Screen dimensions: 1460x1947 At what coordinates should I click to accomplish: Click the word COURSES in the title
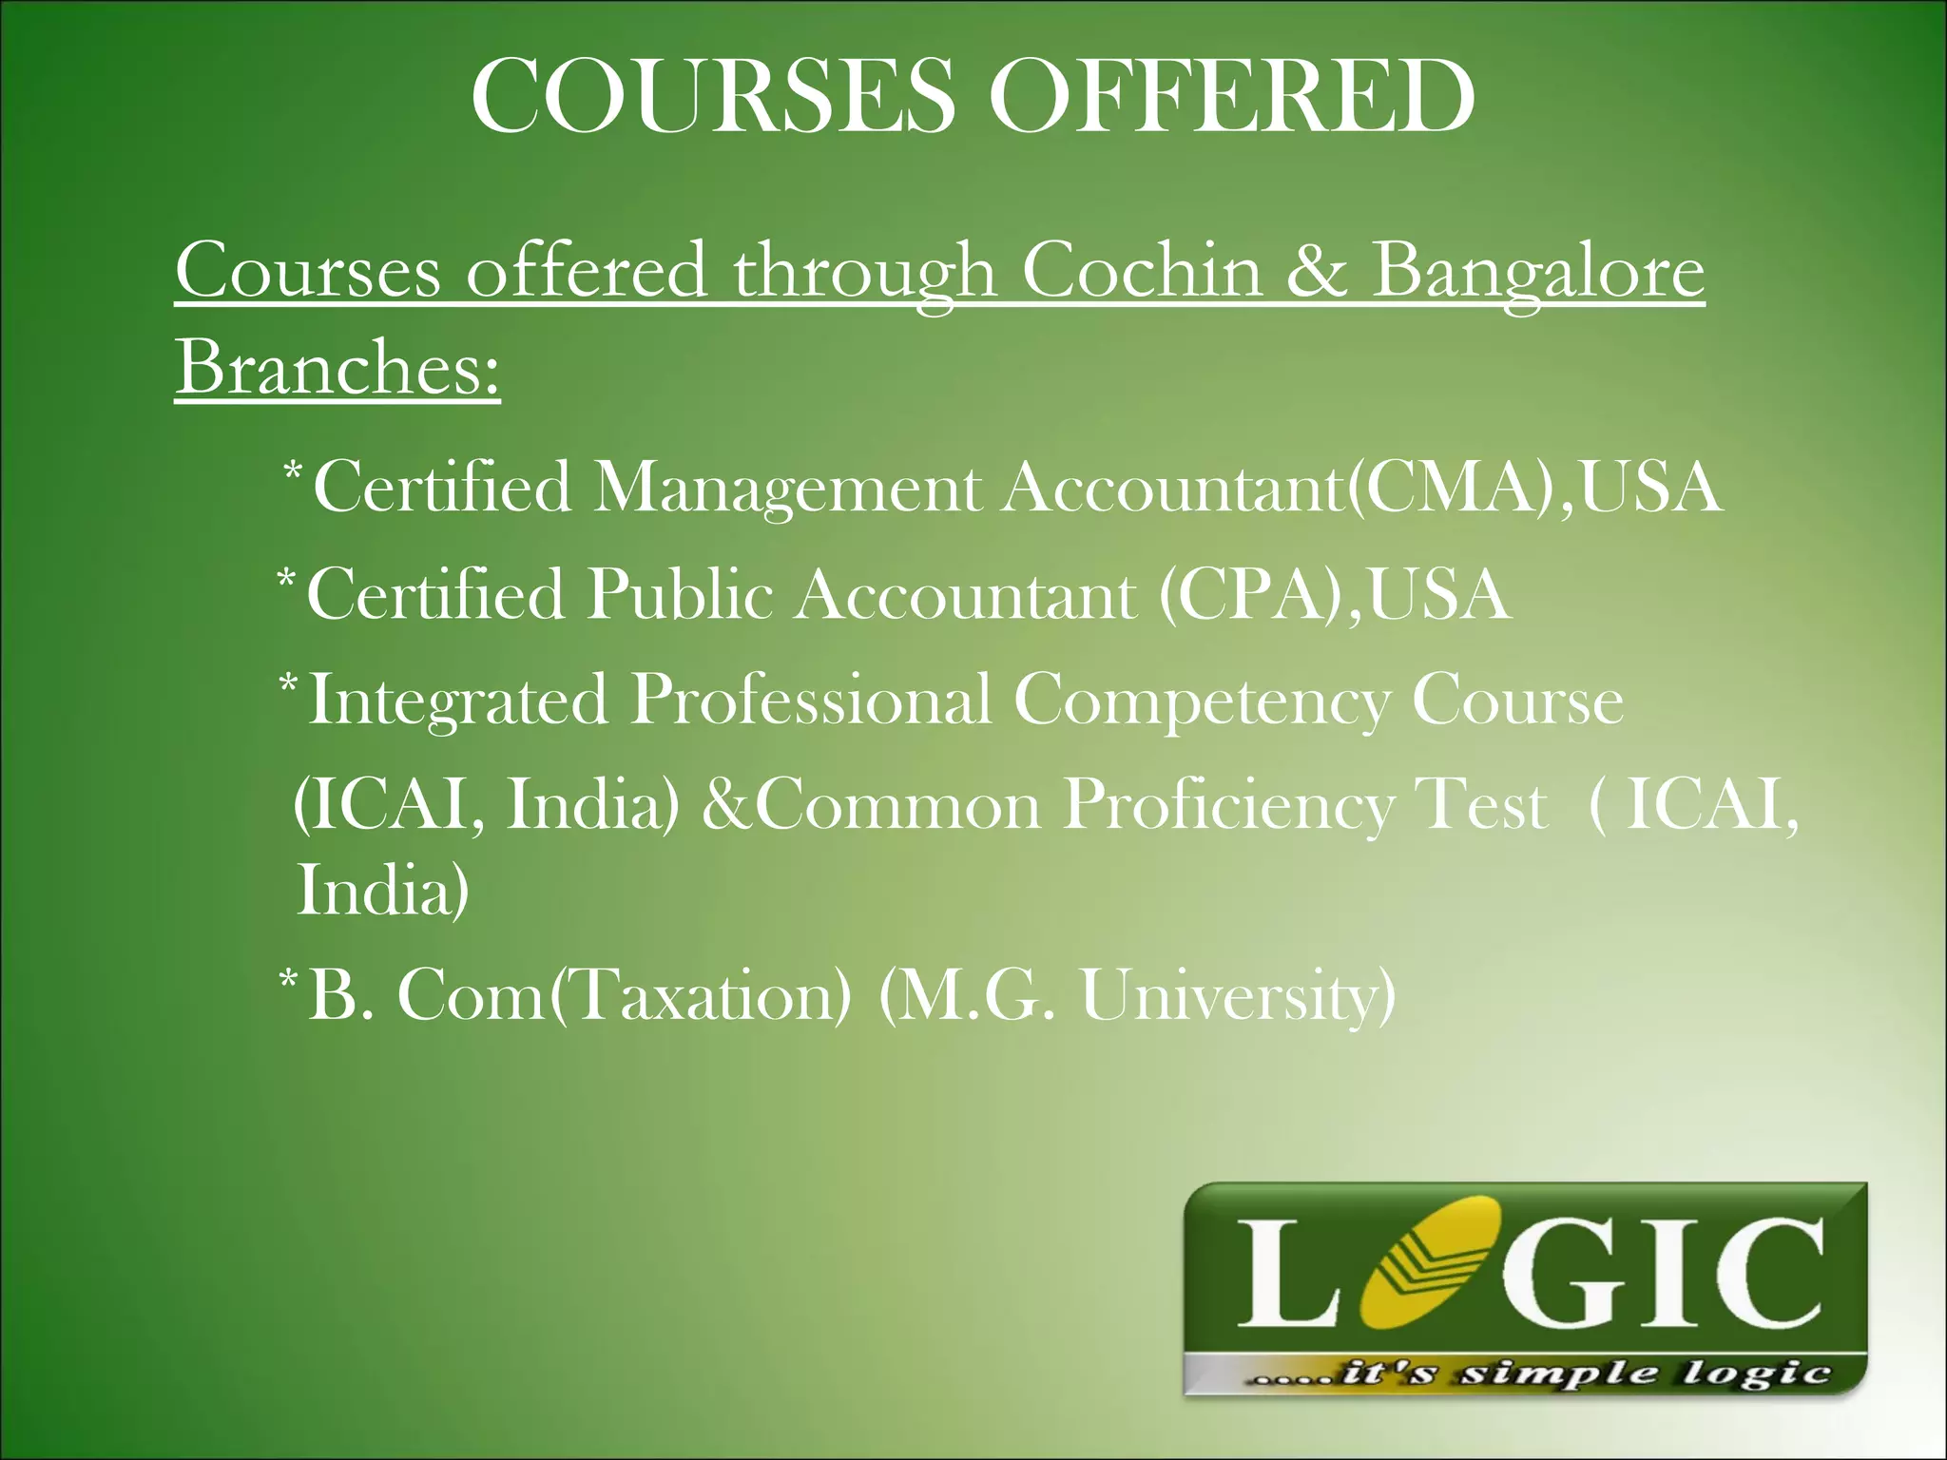713,97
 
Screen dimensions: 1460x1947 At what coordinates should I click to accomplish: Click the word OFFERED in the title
1233,97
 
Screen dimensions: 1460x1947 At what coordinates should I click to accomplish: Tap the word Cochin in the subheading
1142,271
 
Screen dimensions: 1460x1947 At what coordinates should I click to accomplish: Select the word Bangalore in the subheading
1538,271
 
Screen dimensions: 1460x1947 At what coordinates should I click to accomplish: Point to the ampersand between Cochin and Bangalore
1317,271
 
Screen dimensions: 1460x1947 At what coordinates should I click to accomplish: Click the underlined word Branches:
337,368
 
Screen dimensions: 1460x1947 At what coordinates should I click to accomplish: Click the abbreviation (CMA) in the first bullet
1457,488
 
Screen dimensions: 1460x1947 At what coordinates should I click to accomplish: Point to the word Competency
1201,701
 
